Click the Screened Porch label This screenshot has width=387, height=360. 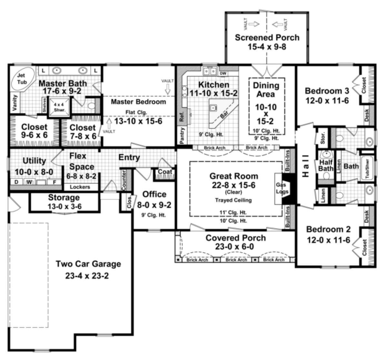[267, 38]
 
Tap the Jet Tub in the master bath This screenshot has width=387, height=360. [22, 79]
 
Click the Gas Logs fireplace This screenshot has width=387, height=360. [282, 188]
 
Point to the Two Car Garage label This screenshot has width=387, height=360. [88, 264]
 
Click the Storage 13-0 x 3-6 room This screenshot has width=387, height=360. [64, 202]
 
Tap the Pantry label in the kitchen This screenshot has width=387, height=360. [182, 135]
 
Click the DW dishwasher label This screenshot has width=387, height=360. [223, 73]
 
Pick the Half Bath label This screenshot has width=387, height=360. [326, 166]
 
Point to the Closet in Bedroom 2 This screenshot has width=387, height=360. [365, 247]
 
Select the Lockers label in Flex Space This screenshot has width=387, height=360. [80, 187]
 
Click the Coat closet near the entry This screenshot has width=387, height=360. [165, 172]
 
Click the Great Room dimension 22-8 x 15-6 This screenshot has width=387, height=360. [234, 185]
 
